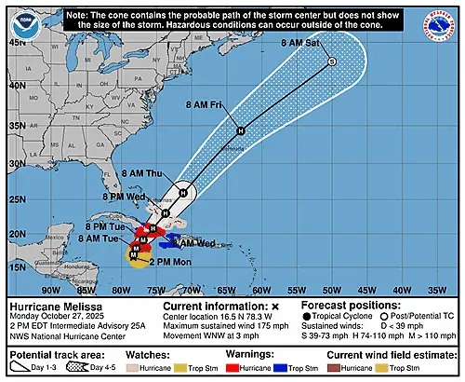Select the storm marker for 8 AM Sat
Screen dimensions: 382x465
point(332,61)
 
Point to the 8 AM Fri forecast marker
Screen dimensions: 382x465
point(241,130)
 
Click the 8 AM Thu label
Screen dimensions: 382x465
point(143,174)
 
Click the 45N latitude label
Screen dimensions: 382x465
point(17,42)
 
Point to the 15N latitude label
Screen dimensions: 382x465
point(17,266)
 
